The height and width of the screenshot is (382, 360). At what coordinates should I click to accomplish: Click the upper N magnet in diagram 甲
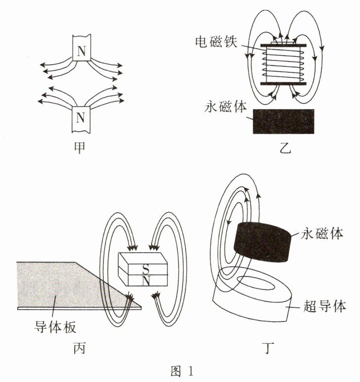[82, 49]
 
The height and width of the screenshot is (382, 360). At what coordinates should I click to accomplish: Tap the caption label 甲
[81, 147]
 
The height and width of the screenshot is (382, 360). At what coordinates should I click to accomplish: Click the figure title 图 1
[180, 371]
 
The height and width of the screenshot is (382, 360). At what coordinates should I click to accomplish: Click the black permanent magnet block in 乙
[283, 121]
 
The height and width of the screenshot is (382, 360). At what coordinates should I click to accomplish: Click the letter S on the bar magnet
[145, 268]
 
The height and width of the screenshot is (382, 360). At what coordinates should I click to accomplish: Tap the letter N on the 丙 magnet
[146, 280]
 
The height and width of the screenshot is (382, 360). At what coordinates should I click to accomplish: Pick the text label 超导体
[324, 307]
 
